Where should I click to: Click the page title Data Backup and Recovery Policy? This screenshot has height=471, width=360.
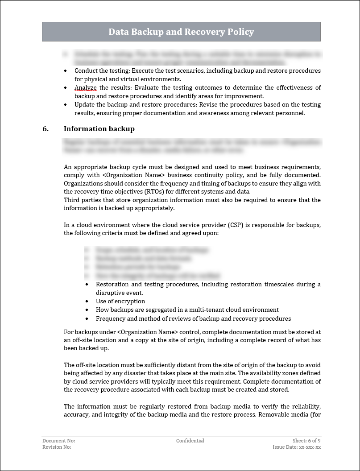(x=181, y=32)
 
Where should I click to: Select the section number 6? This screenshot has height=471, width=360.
(x=45, y=129)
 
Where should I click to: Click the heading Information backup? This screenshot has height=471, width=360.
(x=99, y=129)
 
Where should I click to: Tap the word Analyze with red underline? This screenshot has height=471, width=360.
(x=85, y=87)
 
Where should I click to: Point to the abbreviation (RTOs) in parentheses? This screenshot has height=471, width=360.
(x=144, y=192)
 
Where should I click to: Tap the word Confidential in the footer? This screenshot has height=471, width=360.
(x=190, y=441)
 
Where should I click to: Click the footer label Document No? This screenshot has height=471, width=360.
(x=58, y=441)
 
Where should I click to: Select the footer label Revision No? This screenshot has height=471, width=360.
(x=57, y=447)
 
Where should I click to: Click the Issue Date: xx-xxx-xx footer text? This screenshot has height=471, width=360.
(x=297, y=447)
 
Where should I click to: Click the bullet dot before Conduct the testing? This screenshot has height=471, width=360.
(x=66, y=71)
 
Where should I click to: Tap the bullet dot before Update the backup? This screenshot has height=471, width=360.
(x=66, y=105)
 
